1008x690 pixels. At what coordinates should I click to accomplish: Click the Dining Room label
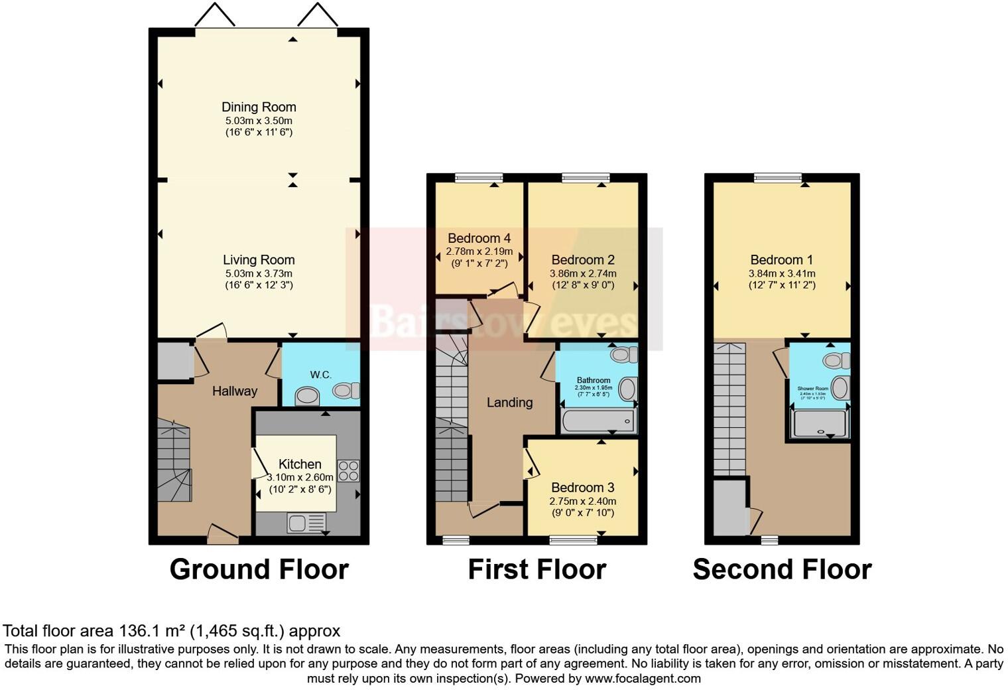259,107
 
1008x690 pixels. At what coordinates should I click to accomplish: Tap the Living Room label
259,260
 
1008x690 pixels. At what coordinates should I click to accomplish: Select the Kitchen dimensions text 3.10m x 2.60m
300,478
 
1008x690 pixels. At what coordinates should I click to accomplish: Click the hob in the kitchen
349,470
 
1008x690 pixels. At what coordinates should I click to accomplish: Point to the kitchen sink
306,523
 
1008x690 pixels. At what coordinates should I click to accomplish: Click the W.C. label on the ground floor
320,375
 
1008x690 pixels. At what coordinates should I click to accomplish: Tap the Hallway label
235,391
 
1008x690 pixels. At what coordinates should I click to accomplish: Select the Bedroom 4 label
479,238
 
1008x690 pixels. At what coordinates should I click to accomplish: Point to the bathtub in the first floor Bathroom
598,421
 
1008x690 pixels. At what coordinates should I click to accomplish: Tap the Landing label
509,402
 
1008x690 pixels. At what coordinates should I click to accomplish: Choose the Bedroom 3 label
582,488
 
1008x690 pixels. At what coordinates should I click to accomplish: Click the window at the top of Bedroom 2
586,177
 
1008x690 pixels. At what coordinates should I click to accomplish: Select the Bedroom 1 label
781,260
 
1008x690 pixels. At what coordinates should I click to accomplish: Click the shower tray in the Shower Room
820,424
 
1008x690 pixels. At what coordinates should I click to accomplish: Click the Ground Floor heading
259,569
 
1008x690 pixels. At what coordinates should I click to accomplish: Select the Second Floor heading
782,569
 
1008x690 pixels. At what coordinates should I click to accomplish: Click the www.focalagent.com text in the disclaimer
643,678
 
